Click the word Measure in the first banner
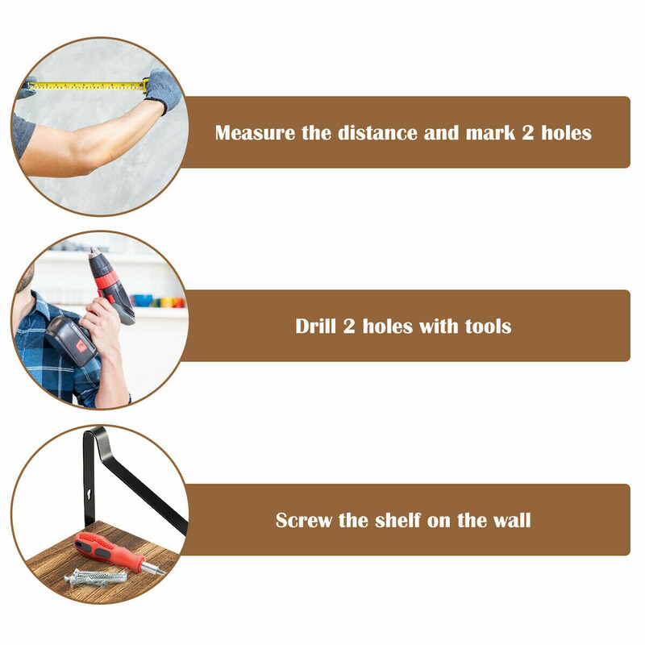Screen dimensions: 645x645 pos(255,133)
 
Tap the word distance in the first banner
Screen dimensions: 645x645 pos(377,133)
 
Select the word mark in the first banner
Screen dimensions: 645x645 pos(490,133)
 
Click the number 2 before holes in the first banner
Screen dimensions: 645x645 pos(528,133)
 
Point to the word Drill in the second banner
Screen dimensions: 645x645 pos(315,327)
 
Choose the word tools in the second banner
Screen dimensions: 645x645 pos(489,327)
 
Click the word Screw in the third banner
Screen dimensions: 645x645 pos(304,520)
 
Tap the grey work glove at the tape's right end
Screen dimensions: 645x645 pos(163,90)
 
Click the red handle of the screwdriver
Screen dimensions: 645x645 pos(108,551)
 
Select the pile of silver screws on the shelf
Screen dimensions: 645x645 pos(95,578)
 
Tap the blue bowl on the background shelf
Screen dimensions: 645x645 pos(143,301)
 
